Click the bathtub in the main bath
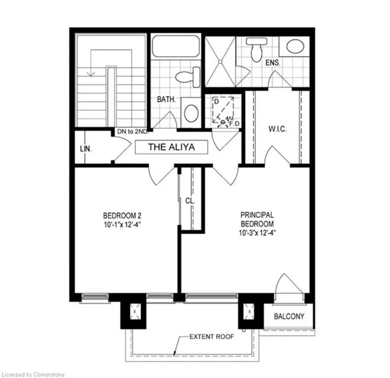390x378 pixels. click(x=175, y=46)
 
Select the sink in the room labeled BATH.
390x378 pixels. click(x=191, y=113)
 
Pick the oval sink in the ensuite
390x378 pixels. click(x=296, y=47)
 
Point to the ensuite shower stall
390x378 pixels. click(x=220, y=61)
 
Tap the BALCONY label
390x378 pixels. click(x=288, y=317)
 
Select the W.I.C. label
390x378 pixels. click(x=277, y=128)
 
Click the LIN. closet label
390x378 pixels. click(x=85, y=147)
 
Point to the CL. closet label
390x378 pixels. click(x=190, y=200)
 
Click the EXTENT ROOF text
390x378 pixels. click(x=210, y=337)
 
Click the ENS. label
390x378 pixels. click(x=272, y=61)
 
